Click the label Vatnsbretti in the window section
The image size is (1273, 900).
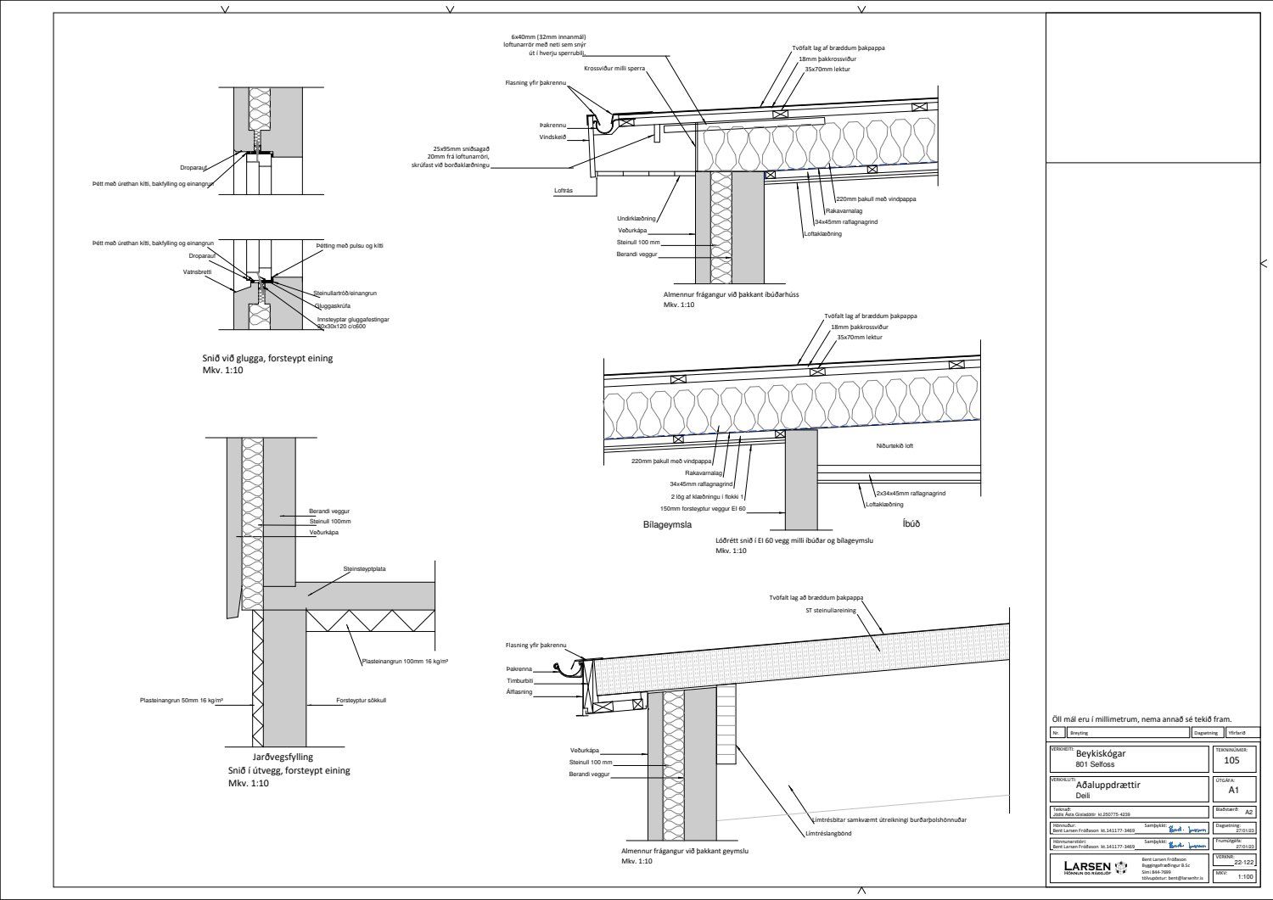[198, 272]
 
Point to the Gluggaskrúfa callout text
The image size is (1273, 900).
[310, 305]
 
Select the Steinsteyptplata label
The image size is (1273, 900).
[364, 569]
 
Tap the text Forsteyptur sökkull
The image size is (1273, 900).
[361, 702]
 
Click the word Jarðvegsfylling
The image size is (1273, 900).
[270, 757]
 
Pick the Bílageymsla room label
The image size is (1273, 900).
[668, 524]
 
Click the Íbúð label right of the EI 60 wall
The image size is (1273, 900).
[911, 523]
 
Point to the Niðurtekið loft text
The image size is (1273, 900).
[894, 445]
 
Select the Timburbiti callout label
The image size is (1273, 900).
[519, 680]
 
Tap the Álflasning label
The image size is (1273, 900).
[519, 692]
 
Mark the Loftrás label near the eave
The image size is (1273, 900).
[564, 191]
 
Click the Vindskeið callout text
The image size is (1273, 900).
[552, 137]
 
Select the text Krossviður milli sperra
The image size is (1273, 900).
[617, 68]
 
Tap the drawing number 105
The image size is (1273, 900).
[1232, 760]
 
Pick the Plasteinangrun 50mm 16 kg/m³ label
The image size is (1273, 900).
[181, 701]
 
